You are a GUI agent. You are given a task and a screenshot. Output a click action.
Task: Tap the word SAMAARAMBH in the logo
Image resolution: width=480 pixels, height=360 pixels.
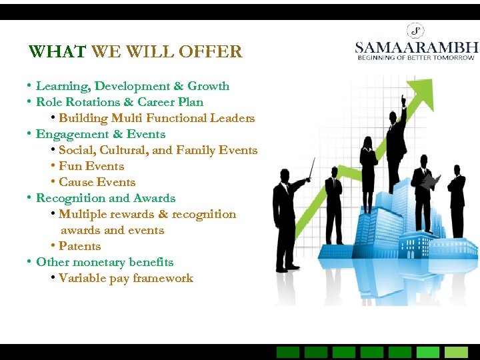tap(417, 47)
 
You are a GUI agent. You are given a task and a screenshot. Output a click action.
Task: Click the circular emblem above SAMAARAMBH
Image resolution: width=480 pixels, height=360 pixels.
tap(416, 30)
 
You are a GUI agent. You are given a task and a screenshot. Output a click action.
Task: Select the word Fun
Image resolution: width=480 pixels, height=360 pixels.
tap(69, 166)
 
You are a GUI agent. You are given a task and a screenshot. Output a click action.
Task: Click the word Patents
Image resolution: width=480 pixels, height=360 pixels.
tap(80, 246)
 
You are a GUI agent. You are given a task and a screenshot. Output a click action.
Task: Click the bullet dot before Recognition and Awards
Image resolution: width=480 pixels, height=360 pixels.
tap(29, 198)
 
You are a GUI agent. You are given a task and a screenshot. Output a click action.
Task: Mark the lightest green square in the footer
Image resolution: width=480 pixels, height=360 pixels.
tap(457, 352)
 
